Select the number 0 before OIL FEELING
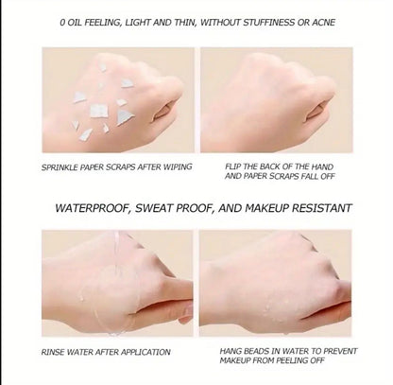(61, 22)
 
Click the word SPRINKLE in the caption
(60, 166)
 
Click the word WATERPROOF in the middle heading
(94, 207)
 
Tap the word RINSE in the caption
(55, 350)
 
